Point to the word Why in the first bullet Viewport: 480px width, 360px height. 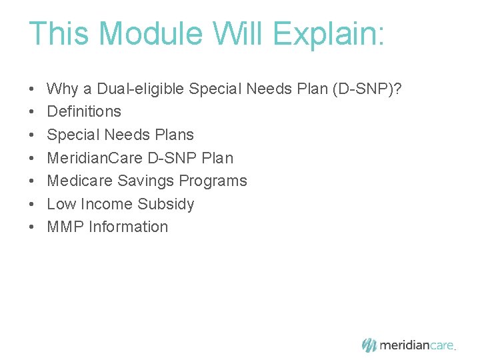pyautogui.click(x=62, y=89)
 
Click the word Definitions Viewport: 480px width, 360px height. pyautogui.click(x=84, y=111)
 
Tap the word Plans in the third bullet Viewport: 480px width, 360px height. pyautogui.click(x=175, y=135)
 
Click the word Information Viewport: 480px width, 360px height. pyautogui.click(x=128, y=227)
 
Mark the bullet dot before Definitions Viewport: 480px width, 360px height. pyautogui.click(x=31, y=112)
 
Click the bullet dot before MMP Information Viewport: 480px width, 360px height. pyautogui.click(x=31, y=227)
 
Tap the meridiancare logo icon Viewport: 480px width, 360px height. pyautogui.click(x=369, y=345)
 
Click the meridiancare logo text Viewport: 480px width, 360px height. pyautogui.click(x=417, y=345)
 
